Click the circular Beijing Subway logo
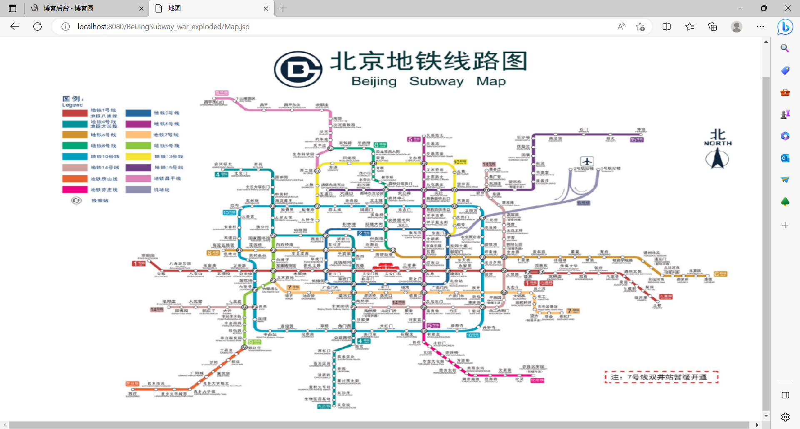point(298,69)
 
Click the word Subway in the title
point(436,81)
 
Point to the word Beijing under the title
point(374,81)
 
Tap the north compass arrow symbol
point(717,159)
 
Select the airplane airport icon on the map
point(587,161)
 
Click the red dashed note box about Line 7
point(661,377)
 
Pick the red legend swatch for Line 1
point(75,113)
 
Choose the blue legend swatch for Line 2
point(138,113)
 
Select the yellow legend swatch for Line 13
point(138,157)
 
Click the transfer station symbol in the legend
point(76,201)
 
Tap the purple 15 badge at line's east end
point(637,140)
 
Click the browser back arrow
point(15,27)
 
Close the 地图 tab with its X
point(266,8)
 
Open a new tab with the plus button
point(283,8)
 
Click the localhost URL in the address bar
point(163,27)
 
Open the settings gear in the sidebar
point(785,417)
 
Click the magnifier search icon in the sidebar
point(785,48)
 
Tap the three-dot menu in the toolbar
point(760,27)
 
